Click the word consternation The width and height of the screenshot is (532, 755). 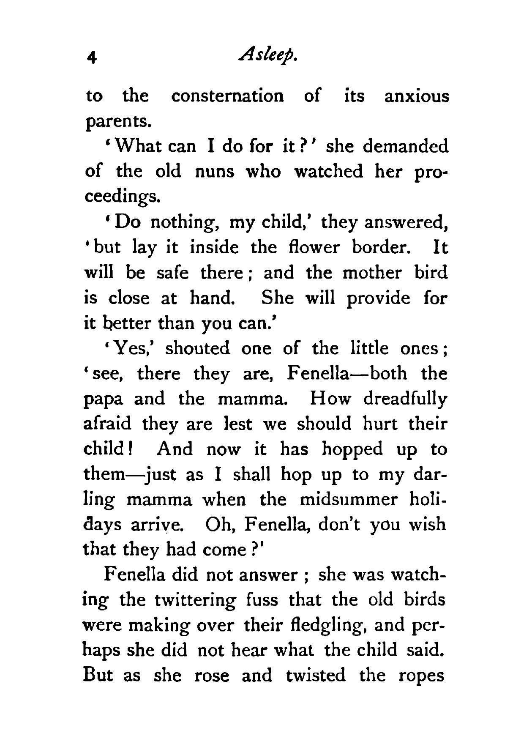227,96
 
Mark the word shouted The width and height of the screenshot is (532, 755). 198,348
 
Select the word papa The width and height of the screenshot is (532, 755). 104,400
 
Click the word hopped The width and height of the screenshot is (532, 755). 352,449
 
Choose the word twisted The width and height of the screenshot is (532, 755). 315,676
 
